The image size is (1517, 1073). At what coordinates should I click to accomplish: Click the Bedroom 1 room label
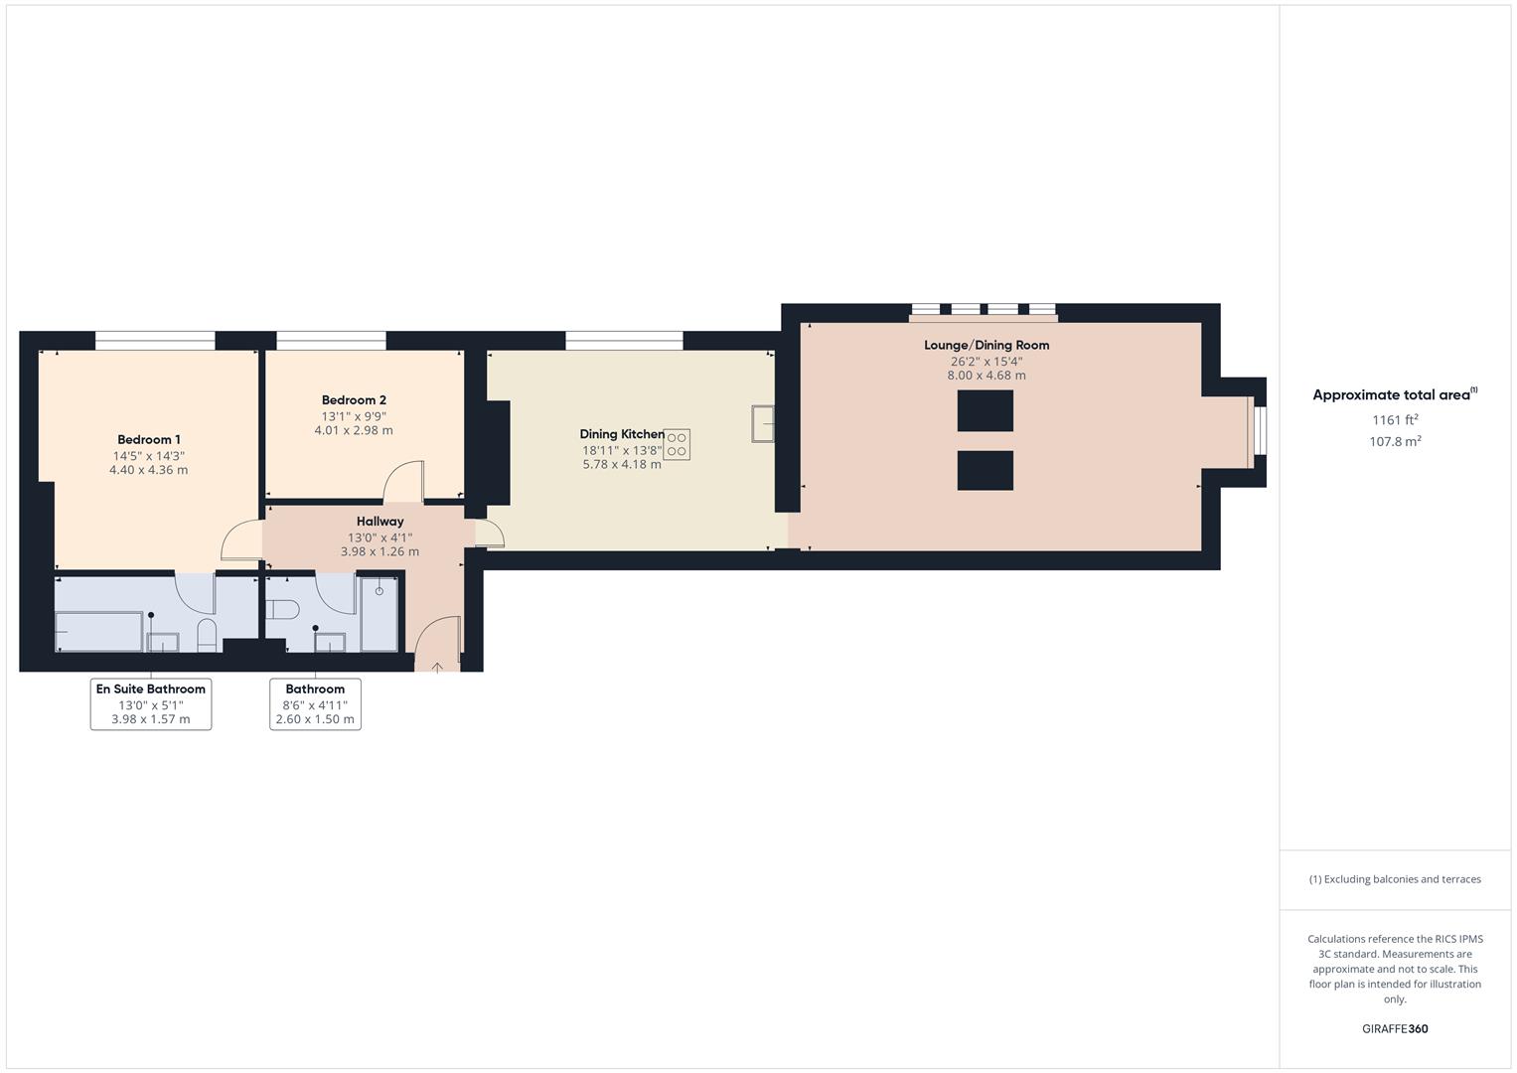coord(149,440)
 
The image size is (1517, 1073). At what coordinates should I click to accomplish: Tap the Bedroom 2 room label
coord(354,400)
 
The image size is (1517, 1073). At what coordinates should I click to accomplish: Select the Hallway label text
coord(379,522)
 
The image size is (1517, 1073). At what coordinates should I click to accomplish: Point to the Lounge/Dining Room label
coord(986,346)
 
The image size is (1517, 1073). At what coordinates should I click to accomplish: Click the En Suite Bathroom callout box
coord(151,703)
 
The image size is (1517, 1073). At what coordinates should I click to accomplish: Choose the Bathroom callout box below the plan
coord(315,703)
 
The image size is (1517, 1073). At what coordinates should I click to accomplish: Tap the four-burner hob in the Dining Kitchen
coord(677,444)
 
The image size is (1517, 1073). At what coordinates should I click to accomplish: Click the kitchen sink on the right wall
coord(763,422)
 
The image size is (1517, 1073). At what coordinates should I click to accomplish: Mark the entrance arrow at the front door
coord(437,667)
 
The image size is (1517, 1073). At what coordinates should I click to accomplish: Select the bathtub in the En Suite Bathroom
coord(99,631)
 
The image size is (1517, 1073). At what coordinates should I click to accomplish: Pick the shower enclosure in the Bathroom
coord(379,612)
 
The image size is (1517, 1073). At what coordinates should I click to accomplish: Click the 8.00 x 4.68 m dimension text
coord(986,376)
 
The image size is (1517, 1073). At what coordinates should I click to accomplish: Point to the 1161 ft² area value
coord(1395,420)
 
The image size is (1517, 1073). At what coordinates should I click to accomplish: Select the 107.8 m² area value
coord(1395,442)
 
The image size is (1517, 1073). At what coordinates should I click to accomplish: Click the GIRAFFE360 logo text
coord(1395,1028)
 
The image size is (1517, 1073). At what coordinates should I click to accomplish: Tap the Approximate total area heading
coord(1394,395)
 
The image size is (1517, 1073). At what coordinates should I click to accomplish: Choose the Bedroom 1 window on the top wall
coord(155,341)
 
